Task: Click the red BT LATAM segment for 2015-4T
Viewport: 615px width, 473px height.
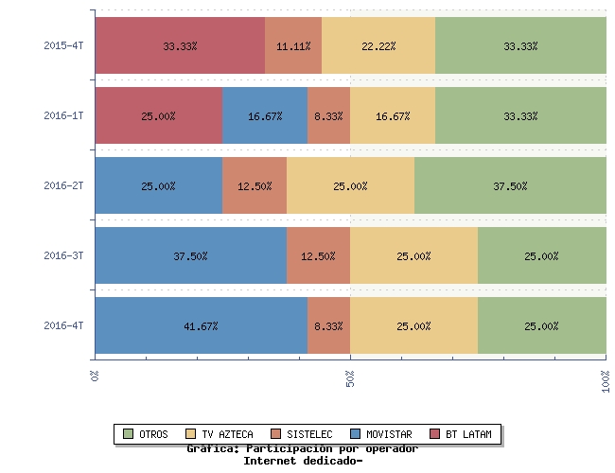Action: [180, 45]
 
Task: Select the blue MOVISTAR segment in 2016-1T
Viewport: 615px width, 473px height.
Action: [265, 115]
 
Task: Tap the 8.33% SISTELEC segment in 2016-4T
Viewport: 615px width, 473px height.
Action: [328, 325]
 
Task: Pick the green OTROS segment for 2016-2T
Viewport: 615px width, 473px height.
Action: [510, 185]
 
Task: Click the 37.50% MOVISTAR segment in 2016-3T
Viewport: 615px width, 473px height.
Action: [191, 255]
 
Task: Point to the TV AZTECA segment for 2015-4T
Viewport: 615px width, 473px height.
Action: [378, 45]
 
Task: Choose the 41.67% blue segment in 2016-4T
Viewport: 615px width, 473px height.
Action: [202, 325]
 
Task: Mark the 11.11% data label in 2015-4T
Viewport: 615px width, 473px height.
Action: [293, 46]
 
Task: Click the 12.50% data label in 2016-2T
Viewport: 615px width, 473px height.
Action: [255, 186]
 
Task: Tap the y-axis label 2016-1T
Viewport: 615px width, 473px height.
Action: [63, 115]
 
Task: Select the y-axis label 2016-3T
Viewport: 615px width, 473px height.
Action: [63, 255]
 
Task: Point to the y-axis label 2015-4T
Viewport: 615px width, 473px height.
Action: [63, 45]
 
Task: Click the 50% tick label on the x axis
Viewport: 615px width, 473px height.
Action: [350, 378]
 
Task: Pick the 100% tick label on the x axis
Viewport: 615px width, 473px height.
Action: [606, 381]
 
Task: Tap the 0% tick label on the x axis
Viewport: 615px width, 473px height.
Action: [95, 376]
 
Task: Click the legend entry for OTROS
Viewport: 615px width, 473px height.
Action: [146, 434]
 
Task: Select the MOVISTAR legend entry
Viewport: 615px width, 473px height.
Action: [381, 434]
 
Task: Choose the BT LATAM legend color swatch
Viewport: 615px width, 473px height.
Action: [434, 434]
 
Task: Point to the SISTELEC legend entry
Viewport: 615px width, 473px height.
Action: [302, 434]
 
